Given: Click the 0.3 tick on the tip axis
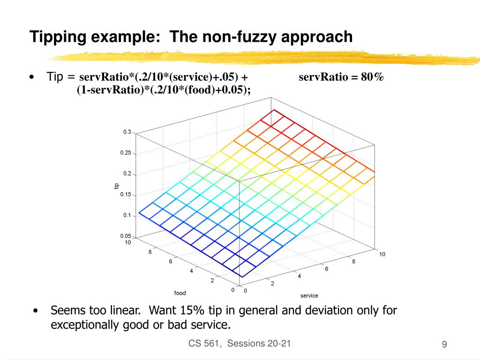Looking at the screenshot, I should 127,132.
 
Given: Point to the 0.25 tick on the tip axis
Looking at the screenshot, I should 126,153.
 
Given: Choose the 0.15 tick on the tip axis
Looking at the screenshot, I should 126,195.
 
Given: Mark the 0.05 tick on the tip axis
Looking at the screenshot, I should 126,236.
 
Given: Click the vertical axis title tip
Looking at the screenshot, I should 117,186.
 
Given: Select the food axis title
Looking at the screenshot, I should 180,293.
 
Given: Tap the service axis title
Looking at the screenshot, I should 309,296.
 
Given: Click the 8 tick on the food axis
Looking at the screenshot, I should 150,252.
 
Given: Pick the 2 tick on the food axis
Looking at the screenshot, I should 212,281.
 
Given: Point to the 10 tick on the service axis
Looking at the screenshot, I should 382,254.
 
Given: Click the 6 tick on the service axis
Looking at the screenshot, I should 327,269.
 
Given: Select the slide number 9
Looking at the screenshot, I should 444,345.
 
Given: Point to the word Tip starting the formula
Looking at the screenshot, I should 55,77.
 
